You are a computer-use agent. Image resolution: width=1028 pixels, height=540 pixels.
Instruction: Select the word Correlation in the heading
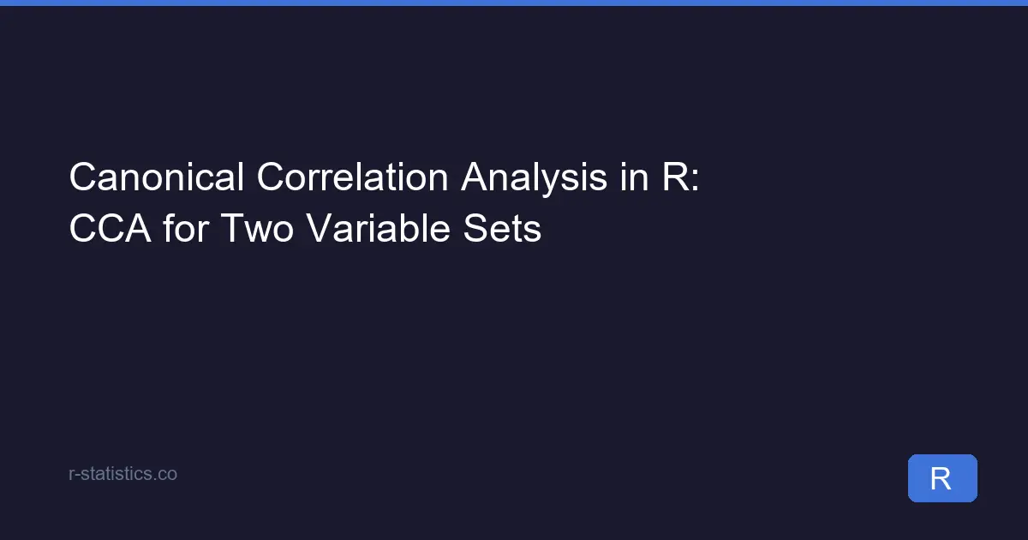(351, 177)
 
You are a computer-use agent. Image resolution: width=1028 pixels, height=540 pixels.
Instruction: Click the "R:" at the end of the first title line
(681, 177)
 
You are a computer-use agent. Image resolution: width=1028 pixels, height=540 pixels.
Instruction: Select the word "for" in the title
(184, 229)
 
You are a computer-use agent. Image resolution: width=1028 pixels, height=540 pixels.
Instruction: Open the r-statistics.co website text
(123, 473)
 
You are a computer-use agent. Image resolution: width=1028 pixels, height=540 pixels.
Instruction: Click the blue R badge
(941, 478)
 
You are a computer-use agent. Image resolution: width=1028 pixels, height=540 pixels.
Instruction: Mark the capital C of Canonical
(81, 177)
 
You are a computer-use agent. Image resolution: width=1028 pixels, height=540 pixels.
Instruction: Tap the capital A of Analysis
(475, 177)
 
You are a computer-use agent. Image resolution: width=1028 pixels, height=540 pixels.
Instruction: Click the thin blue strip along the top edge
(514, 3)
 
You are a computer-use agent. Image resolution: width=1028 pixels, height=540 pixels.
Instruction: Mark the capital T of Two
(230, 229)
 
